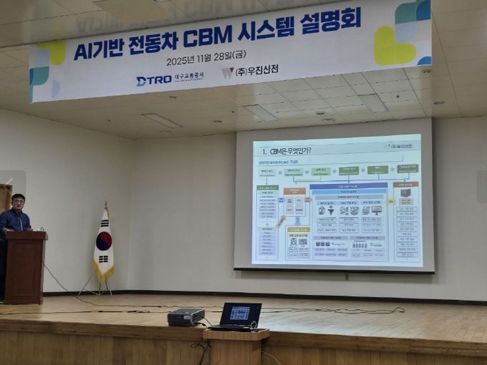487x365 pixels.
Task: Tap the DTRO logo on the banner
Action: point(154,80)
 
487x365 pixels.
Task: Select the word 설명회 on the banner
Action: point(331,20)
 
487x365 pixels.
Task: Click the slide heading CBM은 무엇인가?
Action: point(286,151)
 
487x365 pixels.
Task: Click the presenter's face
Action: point(18,203)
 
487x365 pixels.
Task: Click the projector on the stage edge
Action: point(186,316)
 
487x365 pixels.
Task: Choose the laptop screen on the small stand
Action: point(240,313)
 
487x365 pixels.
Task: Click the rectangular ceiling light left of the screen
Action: point(161,120)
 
